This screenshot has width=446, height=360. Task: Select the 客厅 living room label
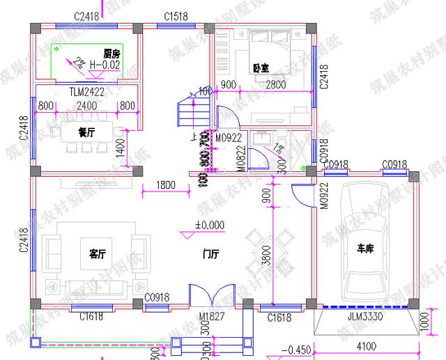(98, 251)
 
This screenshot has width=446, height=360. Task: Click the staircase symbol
(188, 115)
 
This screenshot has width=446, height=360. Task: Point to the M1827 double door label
(212, 318)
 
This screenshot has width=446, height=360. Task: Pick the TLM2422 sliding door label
(86, 91)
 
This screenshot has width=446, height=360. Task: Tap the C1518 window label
(174, 15)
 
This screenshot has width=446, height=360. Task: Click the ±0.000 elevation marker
(210, 225)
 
